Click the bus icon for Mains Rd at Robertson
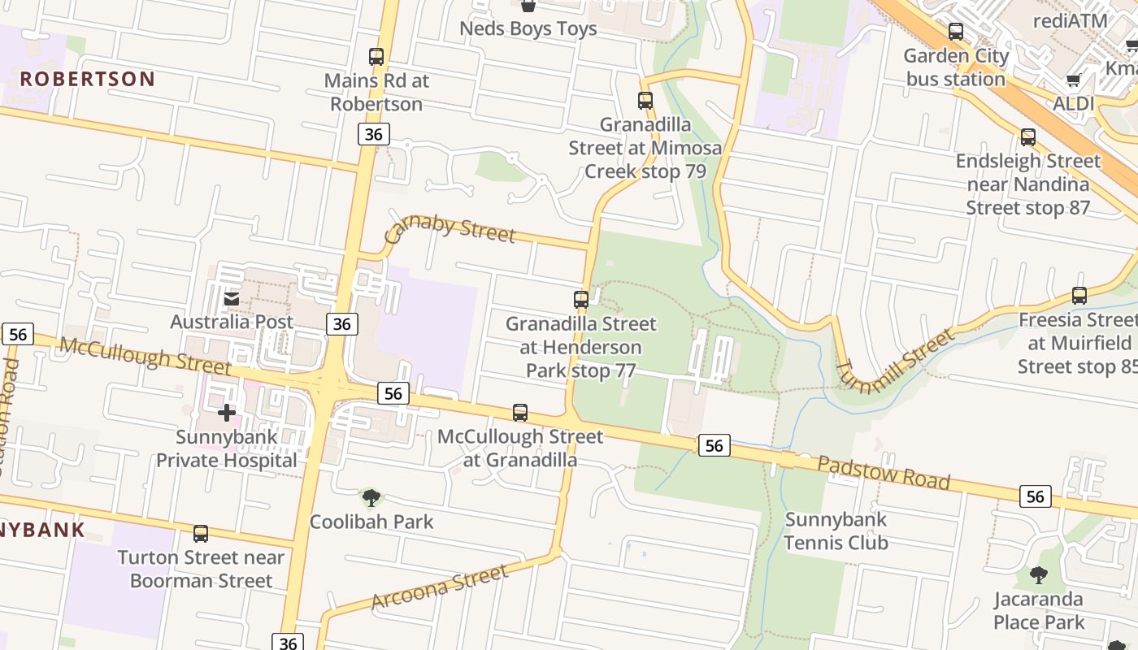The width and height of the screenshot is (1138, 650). point(376,57)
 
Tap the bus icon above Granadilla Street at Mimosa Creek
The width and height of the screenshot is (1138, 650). point(645,101)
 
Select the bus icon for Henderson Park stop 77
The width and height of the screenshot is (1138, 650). point(581,300)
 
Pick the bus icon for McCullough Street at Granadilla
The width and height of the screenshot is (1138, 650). point(520,413)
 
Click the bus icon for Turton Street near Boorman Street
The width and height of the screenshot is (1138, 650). point(201,534)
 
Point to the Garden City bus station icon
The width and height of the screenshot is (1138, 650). point(956,32)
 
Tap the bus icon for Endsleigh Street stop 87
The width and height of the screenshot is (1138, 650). point(1028,137)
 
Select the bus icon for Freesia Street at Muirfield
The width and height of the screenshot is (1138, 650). point(1079,296)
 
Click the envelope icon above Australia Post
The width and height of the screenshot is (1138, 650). point(232,299)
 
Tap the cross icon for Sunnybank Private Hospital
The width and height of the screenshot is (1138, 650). point(227,413)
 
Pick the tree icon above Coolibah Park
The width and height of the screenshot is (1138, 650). point(371,497)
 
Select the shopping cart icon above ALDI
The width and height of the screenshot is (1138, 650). point(1073,80)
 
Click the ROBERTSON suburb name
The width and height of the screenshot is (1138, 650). point(87,79)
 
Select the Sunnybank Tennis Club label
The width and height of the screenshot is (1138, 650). point(836,531)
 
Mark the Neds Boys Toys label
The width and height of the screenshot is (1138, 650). point(528,29)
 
